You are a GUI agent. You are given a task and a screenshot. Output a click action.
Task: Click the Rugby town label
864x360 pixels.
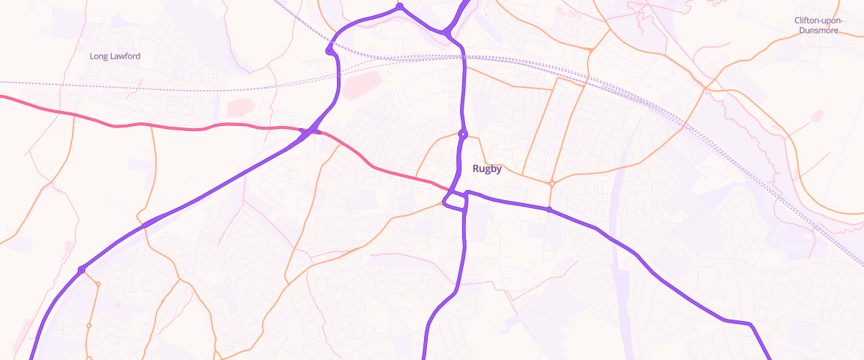tap(487, 169)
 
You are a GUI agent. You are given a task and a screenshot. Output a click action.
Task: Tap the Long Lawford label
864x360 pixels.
tap(115, 56)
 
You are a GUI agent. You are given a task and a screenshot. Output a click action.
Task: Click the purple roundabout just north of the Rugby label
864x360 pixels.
tap(463, 133)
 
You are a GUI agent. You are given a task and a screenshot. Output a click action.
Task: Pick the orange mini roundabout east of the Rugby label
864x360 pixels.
tap(552, 184)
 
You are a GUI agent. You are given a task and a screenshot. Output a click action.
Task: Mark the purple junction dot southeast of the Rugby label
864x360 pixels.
tap(549, 210)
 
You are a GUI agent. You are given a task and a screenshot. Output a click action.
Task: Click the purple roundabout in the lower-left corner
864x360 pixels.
tap(81, 269)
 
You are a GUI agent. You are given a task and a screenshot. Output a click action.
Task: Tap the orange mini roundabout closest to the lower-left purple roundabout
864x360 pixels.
tap(98, 284)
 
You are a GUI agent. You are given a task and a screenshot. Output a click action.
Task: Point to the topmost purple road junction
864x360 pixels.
tap(400, 7)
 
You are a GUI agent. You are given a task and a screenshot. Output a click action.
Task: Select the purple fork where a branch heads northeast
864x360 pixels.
tap(448, 32)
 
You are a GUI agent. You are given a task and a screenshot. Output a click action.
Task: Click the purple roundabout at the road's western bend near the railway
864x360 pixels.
tap(330, 50)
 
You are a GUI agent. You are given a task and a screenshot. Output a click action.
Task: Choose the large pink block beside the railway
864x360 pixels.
tap(360, 85)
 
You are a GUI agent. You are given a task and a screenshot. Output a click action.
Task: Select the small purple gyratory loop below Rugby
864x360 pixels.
tap(456, 201)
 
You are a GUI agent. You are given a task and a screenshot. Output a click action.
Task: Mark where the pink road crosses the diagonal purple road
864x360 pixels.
tap(309, 132)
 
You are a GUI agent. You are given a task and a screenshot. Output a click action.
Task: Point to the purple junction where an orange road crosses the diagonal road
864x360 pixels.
tap(145, 225)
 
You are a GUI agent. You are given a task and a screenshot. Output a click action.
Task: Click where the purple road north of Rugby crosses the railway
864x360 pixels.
tap(462, 56)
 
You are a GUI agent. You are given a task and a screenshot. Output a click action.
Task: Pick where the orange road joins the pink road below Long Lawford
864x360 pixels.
tap(73, 114)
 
